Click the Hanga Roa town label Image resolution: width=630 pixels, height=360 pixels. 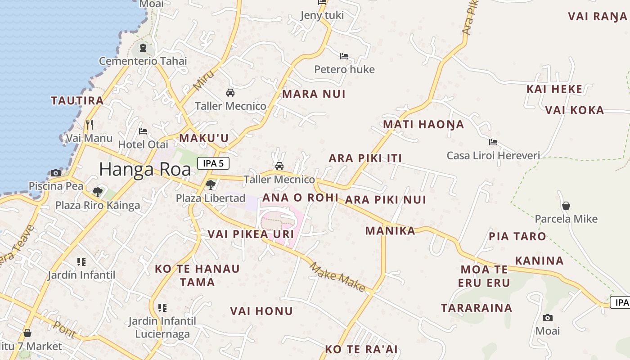144,169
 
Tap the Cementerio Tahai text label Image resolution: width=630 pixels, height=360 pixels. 143,61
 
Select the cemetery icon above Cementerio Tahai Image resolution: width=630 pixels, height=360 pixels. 143,47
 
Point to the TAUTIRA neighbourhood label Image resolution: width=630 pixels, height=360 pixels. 77,100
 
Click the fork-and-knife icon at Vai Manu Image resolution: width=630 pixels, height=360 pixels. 90,124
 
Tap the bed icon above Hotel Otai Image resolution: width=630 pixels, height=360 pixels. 143,131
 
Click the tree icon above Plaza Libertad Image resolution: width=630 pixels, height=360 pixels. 210,184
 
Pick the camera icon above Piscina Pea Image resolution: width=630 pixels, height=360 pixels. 56,173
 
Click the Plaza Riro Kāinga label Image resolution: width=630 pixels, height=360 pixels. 98,206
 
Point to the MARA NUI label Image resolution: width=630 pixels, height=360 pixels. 314,94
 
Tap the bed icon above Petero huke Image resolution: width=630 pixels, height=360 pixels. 344,56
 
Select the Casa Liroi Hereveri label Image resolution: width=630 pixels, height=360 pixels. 493,156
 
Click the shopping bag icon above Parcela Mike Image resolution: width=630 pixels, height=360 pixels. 566,206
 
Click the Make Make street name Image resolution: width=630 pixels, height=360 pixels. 337,277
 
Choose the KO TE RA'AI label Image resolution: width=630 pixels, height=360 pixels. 361,349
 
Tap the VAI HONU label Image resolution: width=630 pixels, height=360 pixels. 261,311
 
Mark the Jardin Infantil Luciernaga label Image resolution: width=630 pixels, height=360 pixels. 162,328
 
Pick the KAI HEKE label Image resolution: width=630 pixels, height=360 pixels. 554,89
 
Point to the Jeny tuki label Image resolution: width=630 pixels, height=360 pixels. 322,15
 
